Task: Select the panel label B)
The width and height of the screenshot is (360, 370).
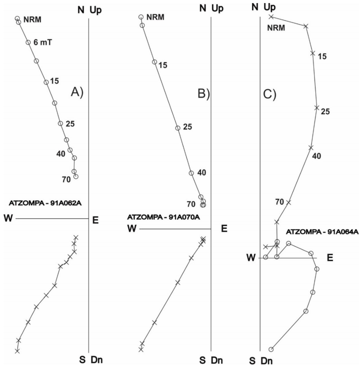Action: coord(204,94)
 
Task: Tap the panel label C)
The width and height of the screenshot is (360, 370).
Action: coord(269,94)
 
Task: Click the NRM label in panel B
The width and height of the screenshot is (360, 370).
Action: coord(155,17)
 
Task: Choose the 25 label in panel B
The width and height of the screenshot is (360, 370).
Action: coord(187,127)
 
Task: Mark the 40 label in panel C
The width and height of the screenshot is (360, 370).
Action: coord(316,156)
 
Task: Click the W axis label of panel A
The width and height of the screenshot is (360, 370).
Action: coord(7,218)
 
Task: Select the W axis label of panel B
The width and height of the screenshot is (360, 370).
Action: coord(132,228)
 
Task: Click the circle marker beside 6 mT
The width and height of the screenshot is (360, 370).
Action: coord(28,42)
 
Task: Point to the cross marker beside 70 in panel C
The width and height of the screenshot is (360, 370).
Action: coord(288,202)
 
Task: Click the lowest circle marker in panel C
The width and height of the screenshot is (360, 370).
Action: coord(271,349)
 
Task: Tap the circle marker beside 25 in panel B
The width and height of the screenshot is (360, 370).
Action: coord(177,128)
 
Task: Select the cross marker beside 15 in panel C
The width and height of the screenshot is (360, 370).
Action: coord(312,53)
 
